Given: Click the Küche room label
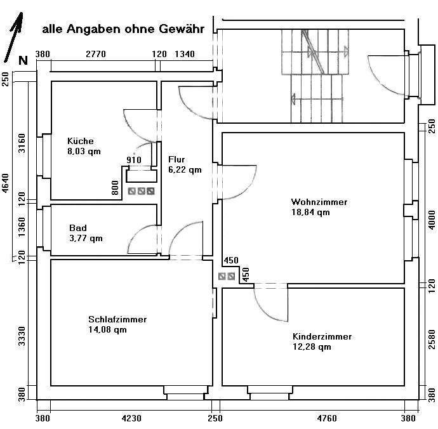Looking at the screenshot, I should (81, 141).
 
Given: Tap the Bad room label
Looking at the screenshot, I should (78, 228).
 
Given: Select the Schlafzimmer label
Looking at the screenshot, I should (117, 319).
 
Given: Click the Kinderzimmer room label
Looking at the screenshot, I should (322, 336).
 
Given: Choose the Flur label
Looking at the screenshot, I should (176, 160).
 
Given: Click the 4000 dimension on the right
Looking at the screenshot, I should (432, 218).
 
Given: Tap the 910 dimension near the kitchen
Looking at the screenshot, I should (134, 160).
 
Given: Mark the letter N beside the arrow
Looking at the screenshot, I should (23, 61).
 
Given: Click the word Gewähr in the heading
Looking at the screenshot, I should (177, 29).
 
